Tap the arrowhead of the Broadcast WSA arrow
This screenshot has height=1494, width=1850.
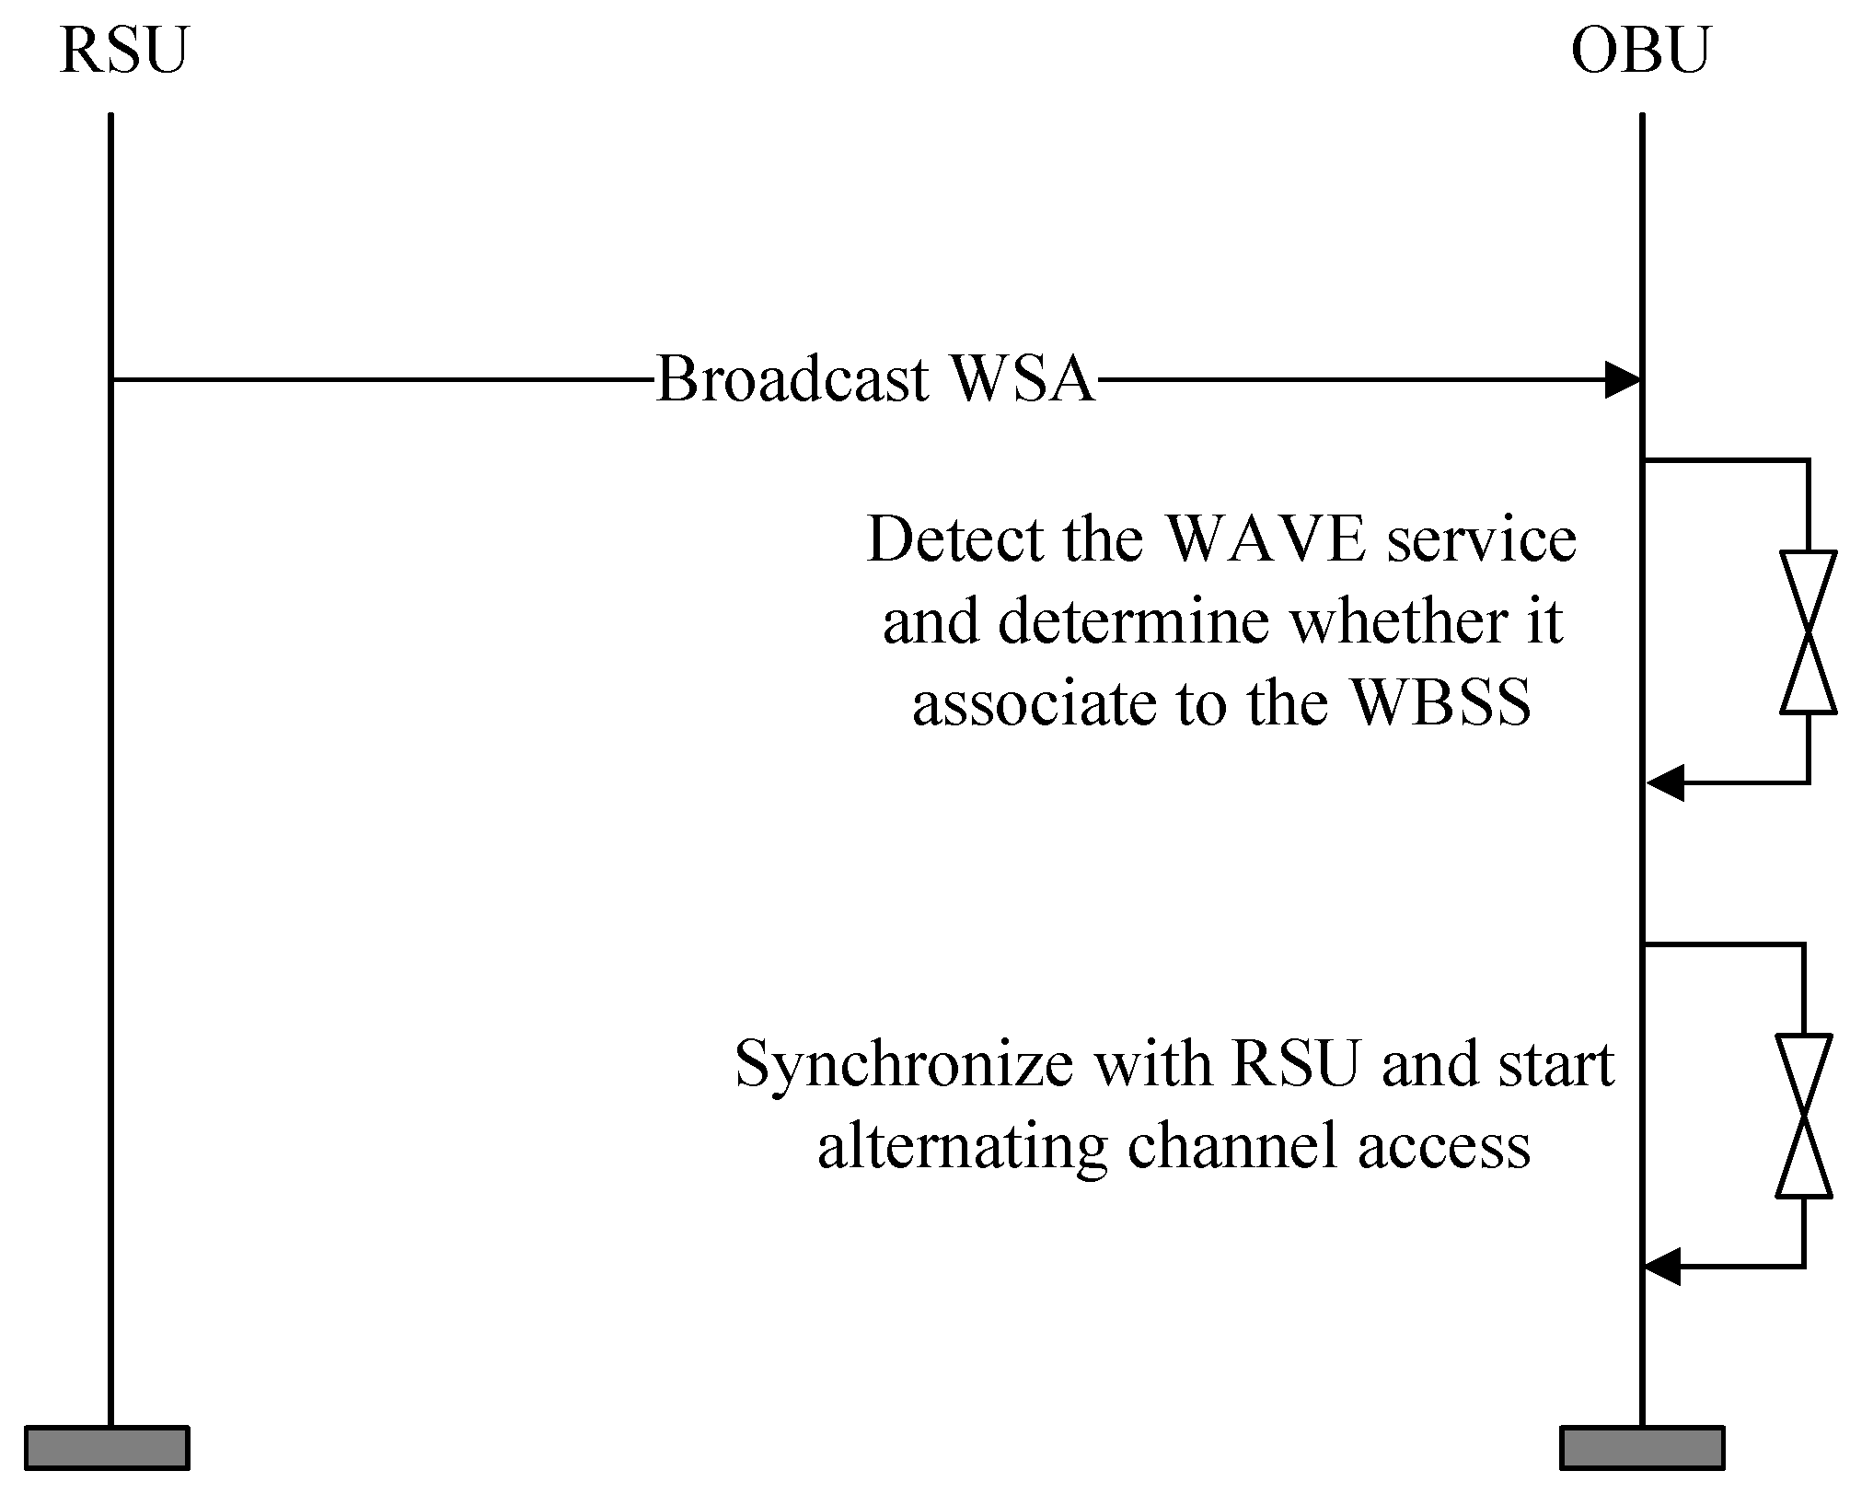1625,379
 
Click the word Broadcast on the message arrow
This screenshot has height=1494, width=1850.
792,379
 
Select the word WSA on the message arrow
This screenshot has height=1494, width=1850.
1022,379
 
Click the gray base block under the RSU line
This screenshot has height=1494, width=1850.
107,1447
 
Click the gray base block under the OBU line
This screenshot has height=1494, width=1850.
1642,1447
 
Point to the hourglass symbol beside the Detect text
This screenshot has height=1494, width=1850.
1809,632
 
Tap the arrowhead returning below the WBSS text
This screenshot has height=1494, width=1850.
1664,783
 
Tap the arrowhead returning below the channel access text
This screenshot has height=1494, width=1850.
1662,1267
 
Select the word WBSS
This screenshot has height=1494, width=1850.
1442,703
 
